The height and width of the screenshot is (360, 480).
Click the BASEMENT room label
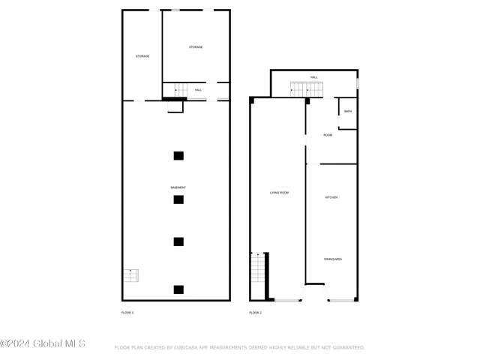(178, 187)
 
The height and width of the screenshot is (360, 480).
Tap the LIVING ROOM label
(279, 193)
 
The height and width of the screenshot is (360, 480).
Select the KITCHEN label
(331, 197)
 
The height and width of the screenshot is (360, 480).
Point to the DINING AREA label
(333, 259)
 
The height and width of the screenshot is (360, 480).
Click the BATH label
(347, 112)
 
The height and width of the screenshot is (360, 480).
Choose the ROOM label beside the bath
(328, 135)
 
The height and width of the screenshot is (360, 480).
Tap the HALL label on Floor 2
(314, 77)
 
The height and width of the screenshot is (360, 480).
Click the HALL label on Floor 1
(198, 90)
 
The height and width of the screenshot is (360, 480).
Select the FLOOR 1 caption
(127, 311)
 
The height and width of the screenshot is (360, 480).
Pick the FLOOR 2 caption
(255, 311)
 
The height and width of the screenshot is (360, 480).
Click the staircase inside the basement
(131, 275)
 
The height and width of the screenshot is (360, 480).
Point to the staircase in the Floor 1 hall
(175, 89)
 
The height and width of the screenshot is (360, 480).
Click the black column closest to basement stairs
(178, 289)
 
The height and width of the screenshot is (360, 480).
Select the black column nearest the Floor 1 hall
(178, 155)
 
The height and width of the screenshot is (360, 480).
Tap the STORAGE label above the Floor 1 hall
(196, 47)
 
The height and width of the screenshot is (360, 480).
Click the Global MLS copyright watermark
(43, 344)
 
